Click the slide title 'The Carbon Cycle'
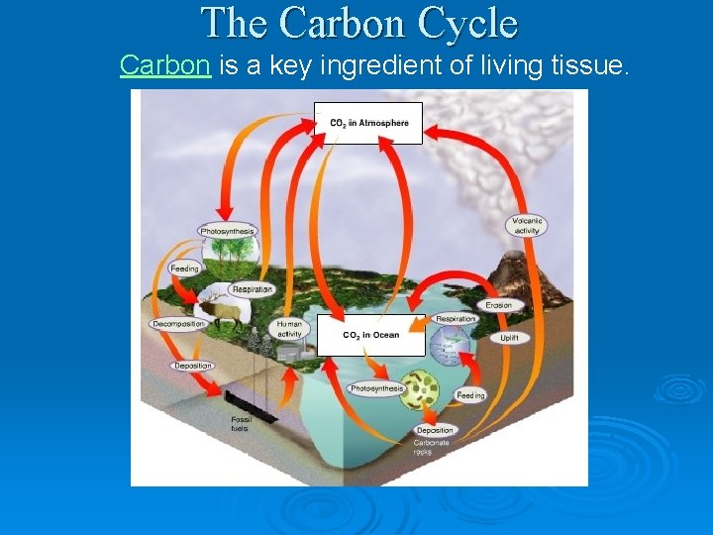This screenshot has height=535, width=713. pos(358,23)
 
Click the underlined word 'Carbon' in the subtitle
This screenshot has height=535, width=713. pos(164,66)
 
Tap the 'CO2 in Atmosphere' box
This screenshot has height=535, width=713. pos(368,123)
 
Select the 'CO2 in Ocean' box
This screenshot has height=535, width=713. pos(371,336)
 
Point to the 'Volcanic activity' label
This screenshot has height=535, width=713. pos(527,226)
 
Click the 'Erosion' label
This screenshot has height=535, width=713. pos(499,305)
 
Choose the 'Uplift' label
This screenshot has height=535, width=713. pos(509,338)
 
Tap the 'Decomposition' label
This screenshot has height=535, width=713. pos(179,324)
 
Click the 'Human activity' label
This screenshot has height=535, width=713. pos(290,328)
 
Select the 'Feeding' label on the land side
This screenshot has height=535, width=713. pos(185,268)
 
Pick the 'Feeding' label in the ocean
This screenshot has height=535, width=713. pos(470,395)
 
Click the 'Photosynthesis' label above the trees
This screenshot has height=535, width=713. pos(228,232)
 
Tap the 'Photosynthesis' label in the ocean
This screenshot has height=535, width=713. pos(376,388)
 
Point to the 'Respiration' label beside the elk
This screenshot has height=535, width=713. pos(252,290)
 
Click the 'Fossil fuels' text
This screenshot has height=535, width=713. pos(241,424)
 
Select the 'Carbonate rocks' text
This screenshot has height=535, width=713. pos(432,447)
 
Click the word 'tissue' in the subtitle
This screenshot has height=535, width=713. pos(590,66)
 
